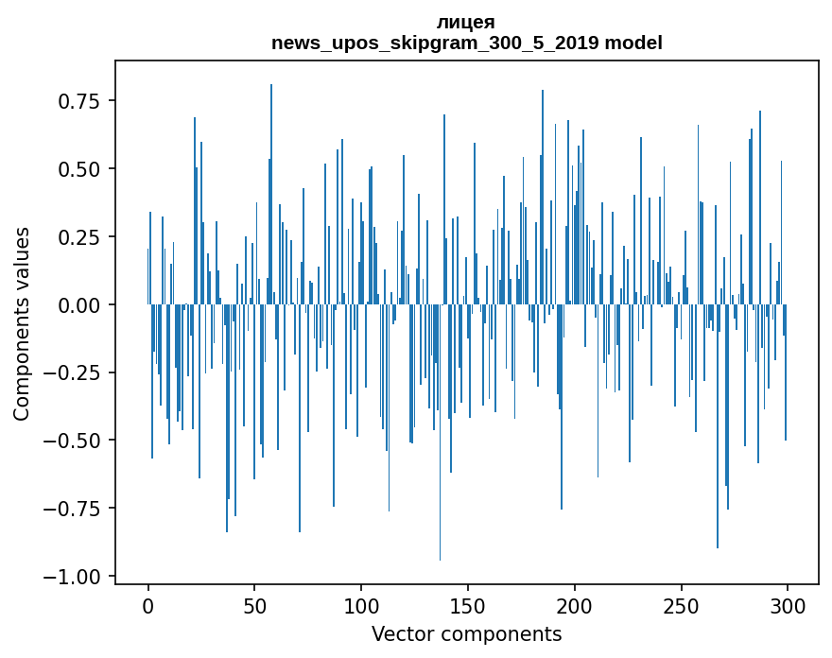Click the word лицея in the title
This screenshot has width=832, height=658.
click(x=466, y=22)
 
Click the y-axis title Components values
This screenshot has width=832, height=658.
click(x=22, y=323)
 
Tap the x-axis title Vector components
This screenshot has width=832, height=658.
click(x=466, y=634)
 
